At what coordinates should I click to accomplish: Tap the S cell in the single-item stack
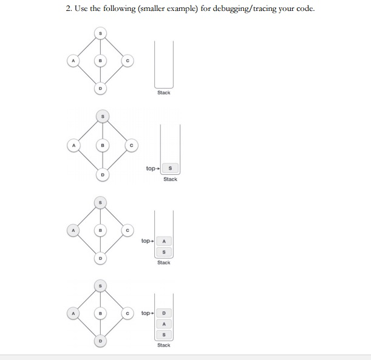[x=170, y=168]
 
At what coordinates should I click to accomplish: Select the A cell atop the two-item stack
[x=163, y=241]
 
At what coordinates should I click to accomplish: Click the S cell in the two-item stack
[x=163, y=252]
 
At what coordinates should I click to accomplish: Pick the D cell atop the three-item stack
[x=163, y=313]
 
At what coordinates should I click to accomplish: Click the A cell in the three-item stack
[x=163, y=324]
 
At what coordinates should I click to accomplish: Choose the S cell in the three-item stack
[x=163, y=335]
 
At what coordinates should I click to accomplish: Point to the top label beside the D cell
[x=146, y=313]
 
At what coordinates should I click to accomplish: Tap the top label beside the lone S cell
[x=152, y=168]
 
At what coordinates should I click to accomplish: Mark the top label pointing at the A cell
[x=146, y=241]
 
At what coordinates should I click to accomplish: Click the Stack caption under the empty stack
[x=163, y=93]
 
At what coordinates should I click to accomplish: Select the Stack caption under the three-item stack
[x=163, y=345]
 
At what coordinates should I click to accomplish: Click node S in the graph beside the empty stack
[x=101, y=32]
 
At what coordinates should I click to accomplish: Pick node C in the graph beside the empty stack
[x=128, y=60]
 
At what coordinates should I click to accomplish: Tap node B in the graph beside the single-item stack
[x=103, y=145]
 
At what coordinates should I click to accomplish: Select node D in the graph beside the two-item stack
[x=101, y=257]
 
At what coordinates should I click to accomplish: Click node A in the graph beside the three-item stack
[x=73, y=313]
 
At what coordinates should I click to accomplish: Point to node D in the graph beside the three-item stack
[x=101, y=341]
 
